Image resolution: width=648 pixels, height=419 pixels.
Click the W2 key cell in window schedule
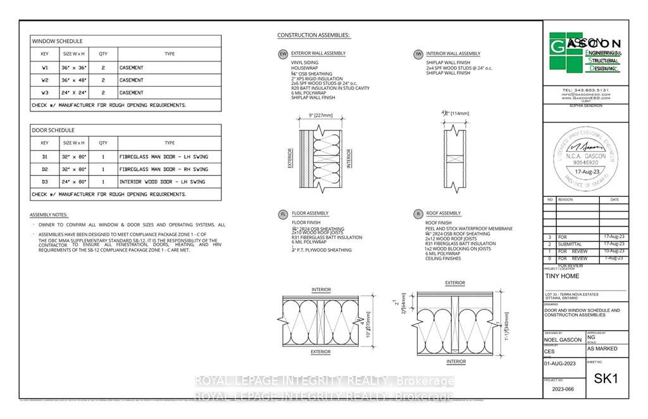point(45,80)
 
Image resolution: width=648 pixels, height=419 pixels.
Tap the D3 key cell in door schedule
point(45,182)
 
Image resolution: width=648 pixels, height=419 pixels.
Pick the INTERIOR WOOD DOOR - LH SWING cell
point(162,182)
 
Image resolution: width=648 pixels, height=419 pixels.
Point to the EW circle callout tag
point(283,54)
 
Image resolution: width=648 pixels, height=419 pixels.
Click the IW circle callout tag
point(418,54)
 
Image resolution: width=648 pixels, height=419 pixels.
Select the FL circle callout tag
point(283,215)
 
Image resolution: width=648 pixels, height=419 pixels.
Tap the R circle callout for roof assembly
point(418,215)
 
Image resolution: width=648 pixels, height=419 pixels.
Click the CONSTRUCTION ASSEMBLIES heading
point(314,35)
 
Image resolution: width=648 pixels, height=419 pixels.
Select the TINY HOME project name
point(561,277)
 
